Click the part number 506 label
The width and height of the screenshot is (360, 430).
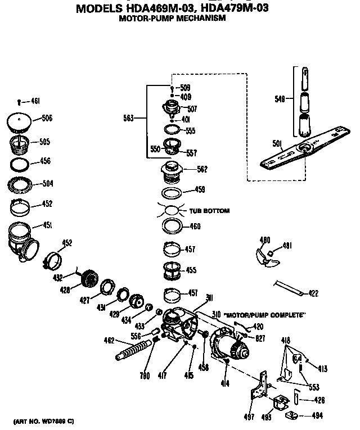coord(47,119)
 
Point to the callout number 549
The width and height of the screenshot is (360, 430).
coord(280,98)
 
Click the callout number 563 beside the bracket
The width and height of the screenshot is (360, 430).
coord(128,118)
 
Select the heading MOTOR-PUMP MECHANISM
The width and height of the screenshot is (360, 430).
coord(172,19)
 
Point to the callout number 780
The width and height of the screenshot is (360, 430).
coord(144,376)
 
